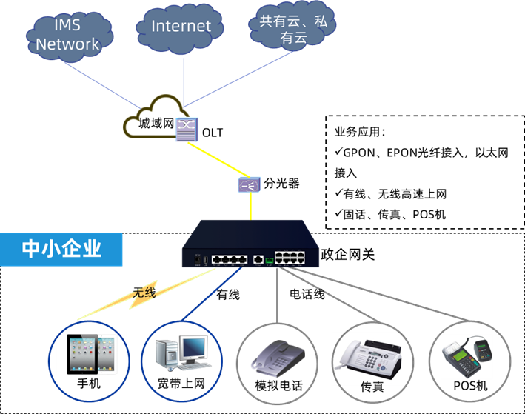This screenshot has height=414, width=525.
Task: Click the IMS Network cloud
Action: [68, 36]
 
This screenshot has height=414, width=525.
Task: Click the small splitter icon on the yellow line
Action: [248, 184]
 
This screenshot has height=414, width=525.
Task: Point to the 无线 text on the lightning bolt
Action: [144, 293]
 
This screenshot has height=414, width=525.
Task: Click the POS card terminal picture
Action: [467, 356]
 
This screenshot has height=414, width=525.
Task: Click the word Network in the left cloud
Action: [67, 44]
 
